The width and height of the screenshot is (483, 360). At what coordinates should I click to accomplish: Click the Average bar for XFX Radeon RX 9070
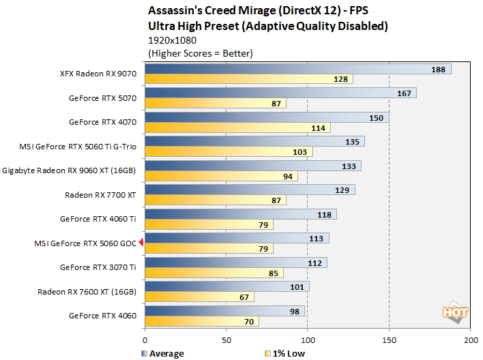(297, 69)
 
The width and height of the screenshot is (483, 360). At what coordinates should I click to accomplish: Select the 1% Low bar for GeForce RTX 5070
(215, 104)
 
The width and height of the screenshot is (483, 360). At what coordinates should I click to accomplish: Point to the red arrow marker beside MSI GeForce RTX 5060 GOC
(141, 242)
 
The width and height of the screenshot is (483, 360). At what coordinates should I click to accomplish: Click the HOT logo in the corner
(455, 312)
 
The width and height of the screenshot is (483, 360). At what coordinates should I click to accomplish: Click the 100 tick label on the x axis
(308, 339)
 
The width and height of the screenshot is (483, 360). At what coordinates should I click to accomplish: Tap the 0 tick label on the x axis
(145, 339)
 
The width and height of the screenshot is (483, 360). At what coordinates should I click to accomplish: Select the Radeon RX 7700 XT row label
(100, 195)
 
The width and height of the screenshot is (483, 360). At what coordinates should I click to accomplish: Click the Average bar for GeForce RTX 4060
(224, 311)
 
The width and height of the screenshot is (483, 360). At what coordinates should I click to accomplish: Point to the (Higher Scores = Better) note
(200, 52)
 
